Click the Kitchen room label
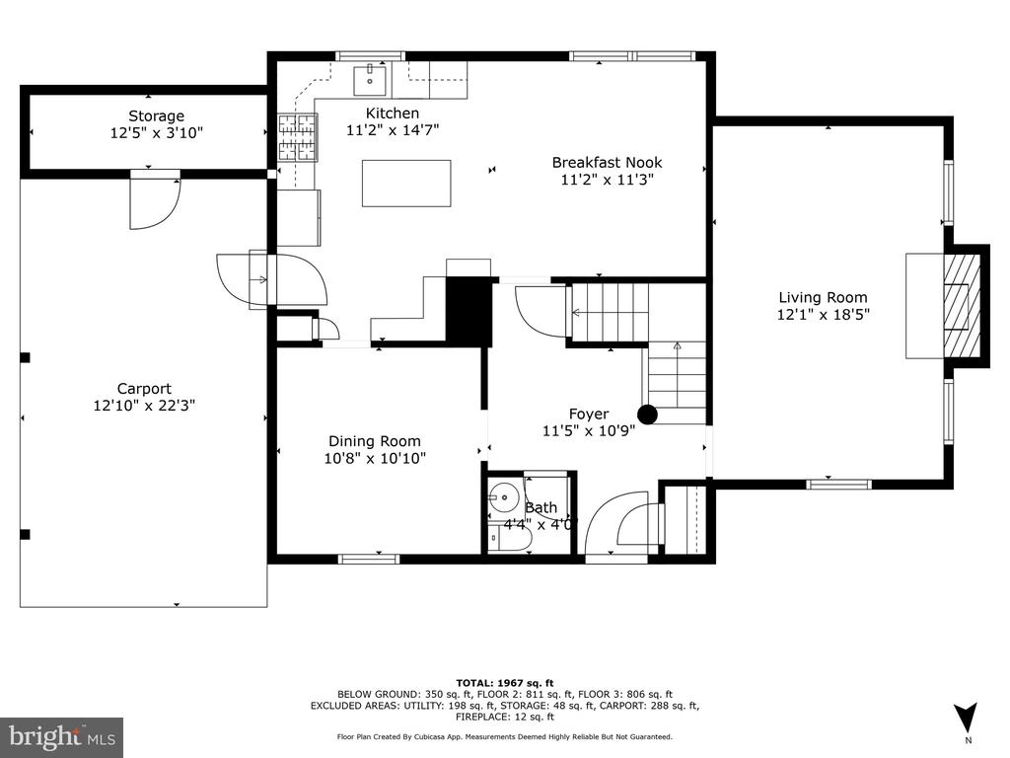tap(393, 113)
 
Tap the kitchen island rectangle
tap(405, 183)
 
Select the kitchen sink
tap(370, 80)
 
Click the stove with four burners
tap(298, 137)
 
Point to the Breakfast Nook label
tap(607, 163)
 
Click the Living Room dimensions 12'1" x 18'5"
tap(824, 315)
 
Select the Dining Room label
tap(374, 441)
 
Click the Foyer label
tap(589, 414)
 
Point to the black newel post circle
tap(647, 415)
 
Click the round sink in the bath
tap(503, 497)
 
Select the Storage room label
tap(157, 116)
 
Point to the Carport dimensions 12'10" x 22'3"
tap(144, 406)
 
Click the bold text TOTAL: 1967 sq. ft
tap(505, 683)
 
